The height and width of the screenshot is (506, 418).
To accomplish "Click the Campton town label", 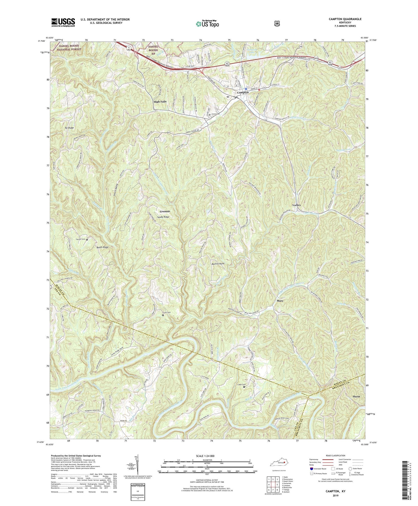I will [243, 93].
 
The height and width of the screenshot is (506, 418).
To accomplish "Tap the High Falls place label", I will [160, 102].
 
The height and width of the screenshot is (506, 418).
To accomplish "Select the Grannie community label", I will [165, 211].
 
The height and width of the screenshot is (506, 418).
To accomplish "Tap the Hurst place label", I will [356, 396].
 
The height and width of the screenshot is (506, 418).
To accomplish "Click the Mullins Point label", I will [218, 263].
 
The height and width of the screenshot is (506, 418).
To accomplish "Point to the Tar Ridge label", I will [69, 128].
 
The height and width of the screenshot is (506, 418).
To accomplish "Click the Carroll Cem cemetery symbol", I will [87, 239].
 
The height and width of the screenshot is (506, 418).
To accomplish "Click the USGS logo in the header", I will [63, 22].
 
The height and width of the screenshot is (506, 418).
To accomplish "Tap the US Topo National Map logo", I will [207, 23].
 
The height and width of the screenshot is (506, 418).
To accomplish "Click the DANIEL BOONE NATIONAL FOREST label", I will [69, 47].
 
